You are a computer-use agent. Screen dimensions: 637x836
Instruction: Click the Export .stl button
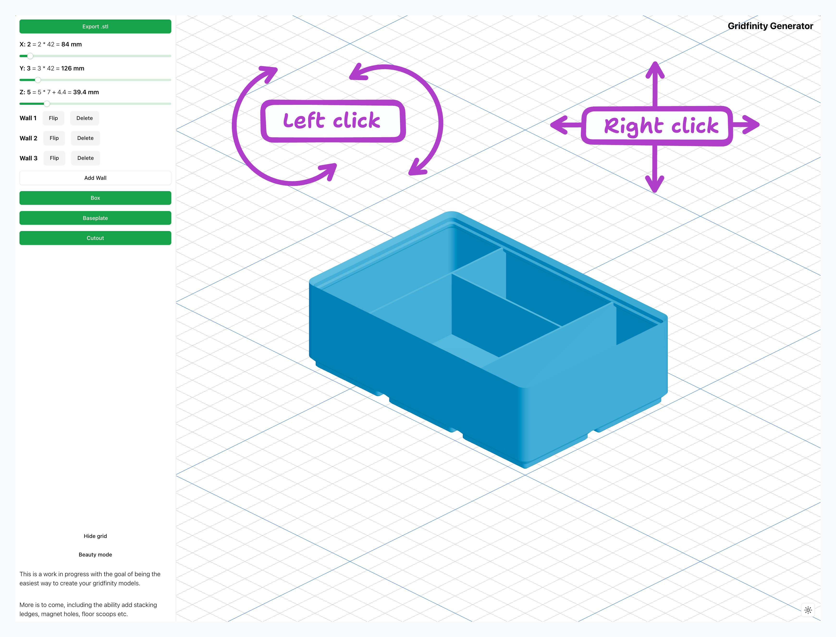click(x=95, y=26)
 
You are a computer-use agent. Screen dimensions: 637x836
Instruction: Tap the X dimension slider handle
click(x=30, y=56)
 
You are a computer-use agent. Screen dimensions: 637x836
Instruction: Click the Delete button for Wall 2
click(x=85, y=138)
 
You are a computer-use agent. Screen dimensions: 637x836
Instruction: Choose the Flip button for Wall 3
click(x=54, y=158)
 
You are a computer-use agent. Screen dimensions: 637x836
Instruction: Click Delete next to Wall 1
click(x=85, y=118)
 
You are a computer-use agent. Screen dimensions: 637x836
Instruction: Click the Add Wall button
click(x=95, y=178)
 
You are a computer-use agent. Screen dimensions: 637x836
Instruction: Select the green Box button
click(x=95, y=198)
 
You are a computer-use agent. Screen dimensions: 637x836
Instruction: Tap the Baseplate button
click(x=95, y=218)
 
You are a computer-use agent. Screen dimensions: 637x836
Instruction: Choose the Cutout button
click(x=95, y=238)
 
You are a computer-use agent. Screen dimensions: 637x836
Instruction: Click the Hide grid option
click(x=95, y=536)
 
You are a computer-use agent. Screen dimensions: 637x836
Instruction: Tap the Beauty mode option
click(x=95, y=555)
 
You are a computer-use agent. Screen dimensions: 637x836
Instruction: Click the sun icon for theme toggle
click(x=808, y=610)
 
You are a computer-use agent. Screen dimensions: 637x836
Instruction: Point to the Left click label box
click(x=332, y=121)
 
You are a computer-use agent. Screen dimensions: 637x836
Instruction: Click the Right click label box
click(x=657, y=126)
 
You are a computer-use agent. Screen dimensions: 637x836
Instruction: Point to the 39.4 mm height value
click(x=86, y=92)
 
